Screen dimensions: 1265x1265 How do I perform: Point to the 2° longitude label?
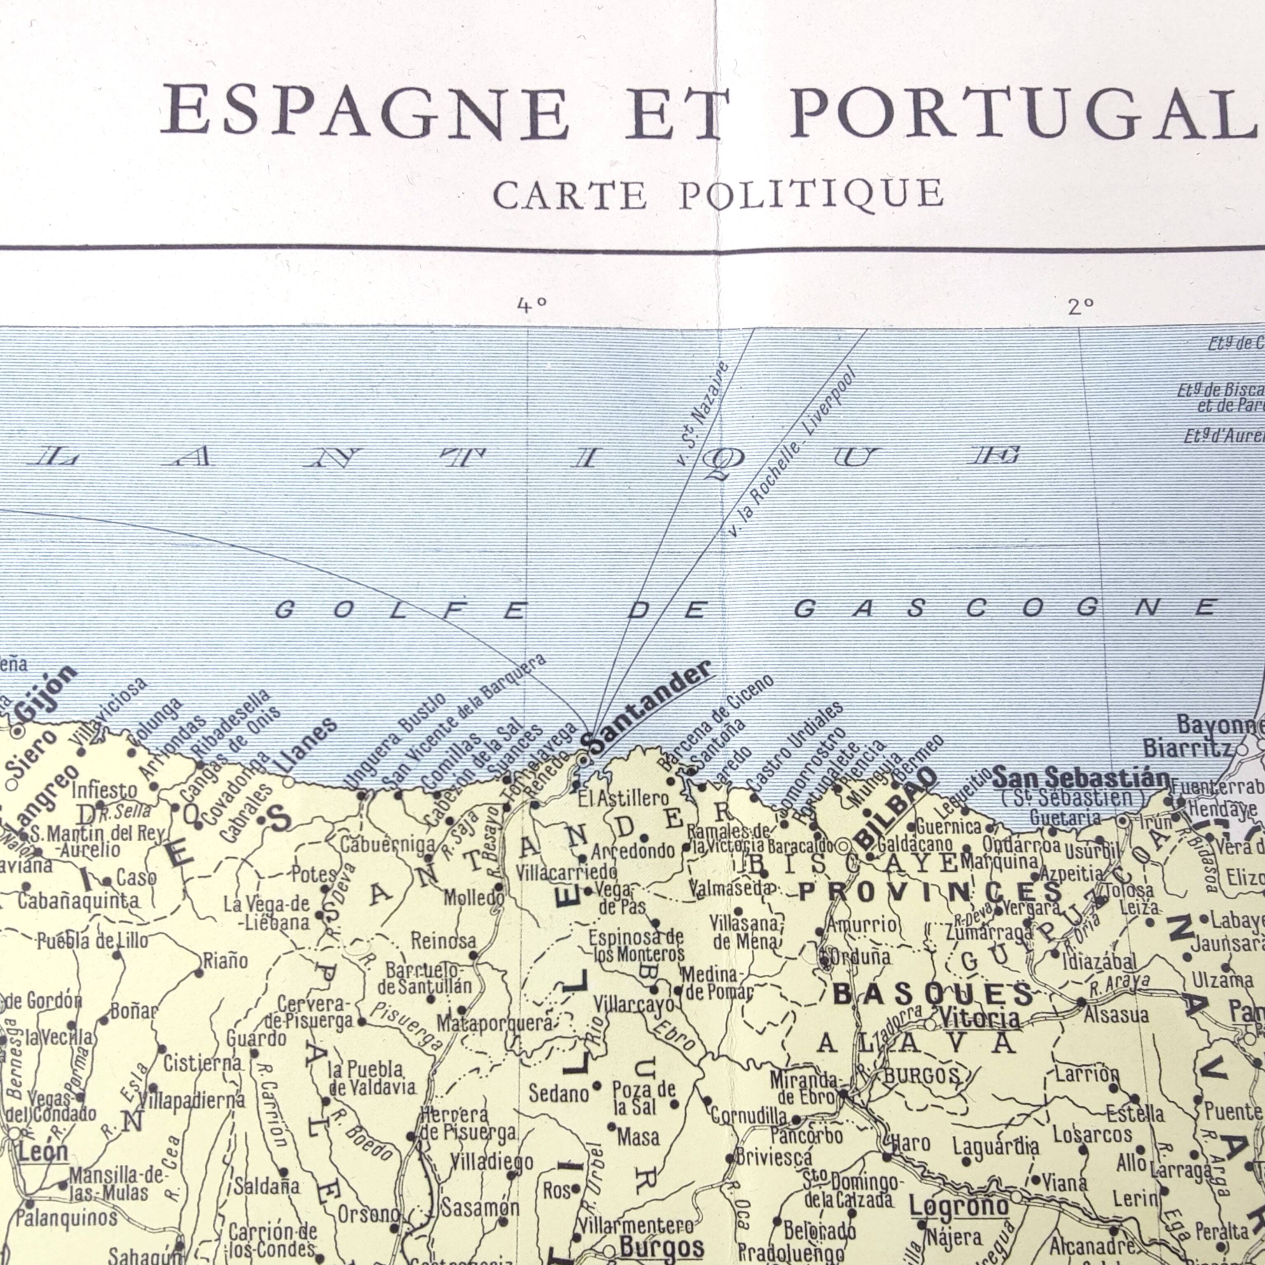tap(1081, 306)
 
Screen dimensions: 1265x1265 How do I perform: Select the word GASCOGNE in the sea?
tap(1006, 608)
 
